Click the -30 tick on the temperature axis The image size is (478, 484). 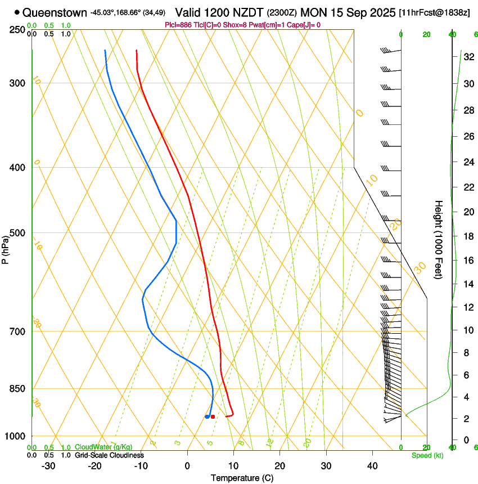coord(48,466)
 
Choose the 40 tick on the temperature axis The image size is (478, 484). coord(372,466)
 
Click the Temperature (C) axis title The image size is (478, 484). coord(242,478)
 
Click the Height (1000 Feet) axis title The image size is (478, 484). coord(439,239)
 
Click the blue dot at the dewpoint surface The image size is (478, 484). coord(208,416)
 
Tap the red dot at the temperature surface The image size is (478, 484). coord(213,416)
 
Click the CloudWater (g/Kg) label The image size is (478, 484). coord(103,447)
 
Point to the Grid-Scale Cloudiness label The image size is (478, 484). coord(109,455)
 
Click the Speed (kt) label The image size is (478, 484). coord(427,455)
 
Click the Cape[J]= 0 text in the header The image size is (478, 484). coord(304,25)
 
